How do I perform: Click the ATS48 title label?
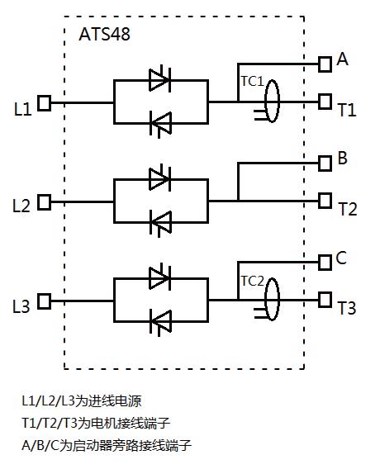[104, 35]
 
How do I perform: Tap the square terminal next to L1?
[45, 103]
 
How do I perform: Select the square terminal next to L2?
[45, 201]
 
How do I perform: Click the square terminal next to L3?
[45, 300]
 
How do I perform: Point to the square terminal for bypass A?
[325, 63]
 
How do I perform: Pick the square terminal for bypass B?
[325, 162]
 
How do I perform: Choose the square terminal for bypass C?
[325, 261]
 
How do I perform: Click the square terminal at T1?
[325, 102]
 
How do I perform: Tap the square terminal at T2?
[325, 201]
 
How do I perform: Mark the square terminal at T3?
[325, 299]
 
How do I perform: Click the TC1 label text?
[251, 82]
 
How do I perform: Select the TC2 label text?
[251, 280]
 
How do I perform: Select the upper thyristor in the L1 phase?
[159, 80]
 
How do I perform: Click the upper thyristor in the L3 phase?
[159, 277]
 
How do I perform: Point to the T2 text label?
[348, 209]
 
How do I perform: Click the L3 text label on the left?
[21, 306]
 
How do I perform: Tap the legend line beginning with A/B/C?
[107, 445]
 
